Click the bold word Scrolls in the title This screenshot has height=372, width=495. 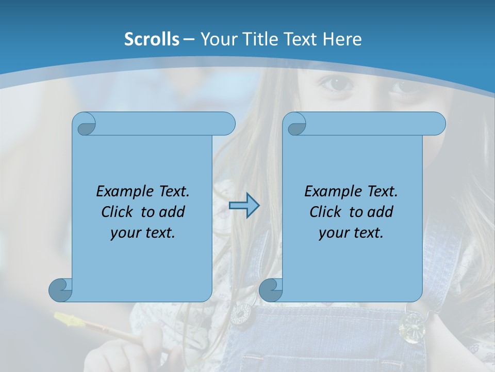coord(152,39)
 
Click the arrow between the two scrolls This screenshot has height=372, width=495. coord(244,206)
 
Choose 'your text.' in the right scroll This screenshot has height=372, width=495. coord(351,233)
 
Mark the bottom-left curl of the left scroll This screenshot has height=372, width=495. coord(60,290)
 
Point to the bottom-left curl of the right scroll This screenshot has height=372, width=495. coord(270,290)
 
